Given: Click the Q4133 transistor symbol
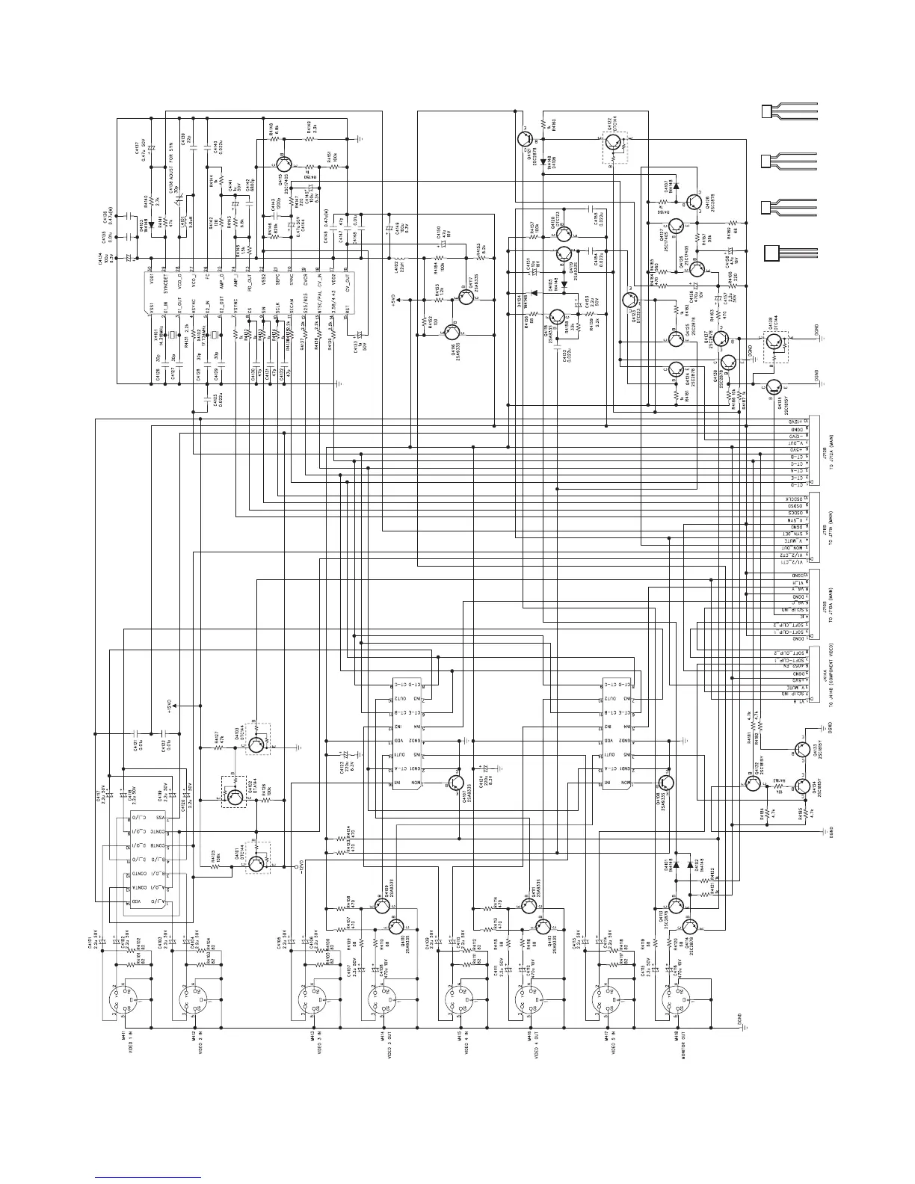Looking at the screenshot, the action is point(801,750).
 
